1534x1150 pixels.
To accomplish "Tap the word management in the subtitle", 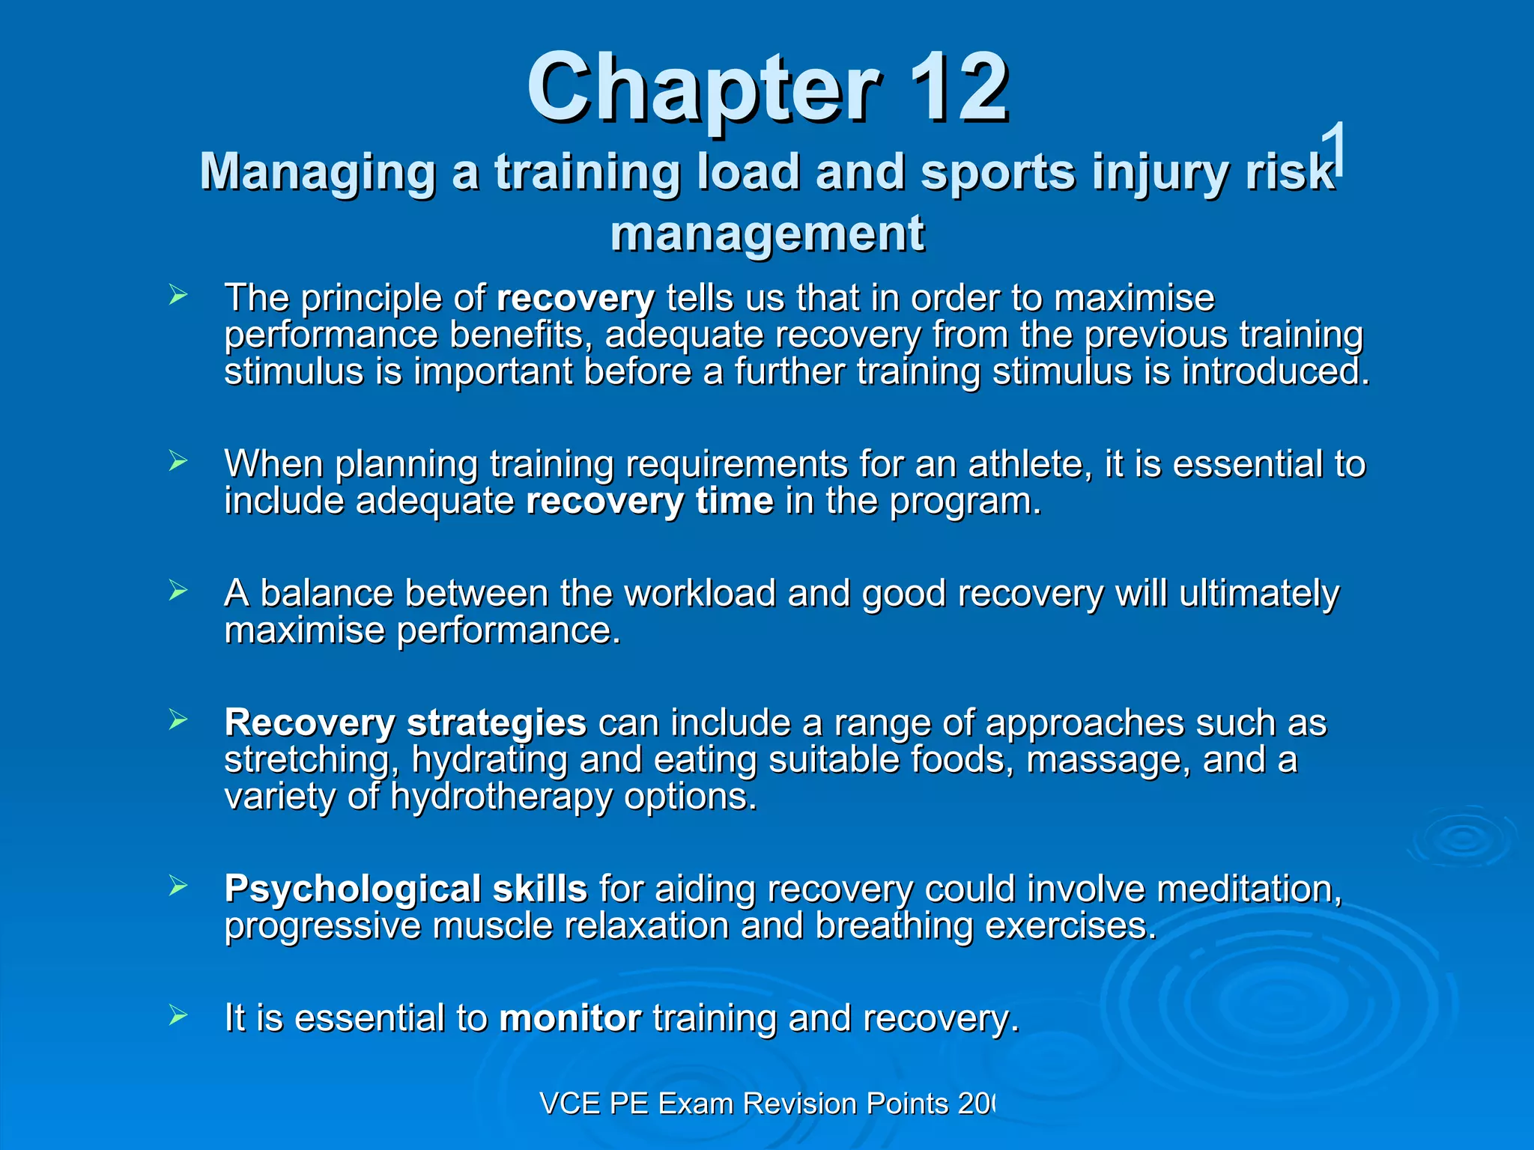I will coord(767,233).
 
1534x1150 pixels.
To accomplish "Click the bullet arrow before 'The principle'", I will coord(178,295).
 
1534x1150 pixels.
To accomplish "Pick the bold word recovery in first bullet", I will coord(575,299).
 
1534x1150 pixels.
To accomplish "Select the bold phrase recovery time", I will coord(649,501).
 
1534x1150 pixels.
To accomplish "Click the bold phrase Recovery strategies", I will coord(405,723).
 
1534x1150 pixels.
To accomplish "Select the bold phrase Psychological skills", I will coord(405,889).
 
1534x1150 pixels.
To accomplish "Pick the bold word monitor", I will coord(570,1019).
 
